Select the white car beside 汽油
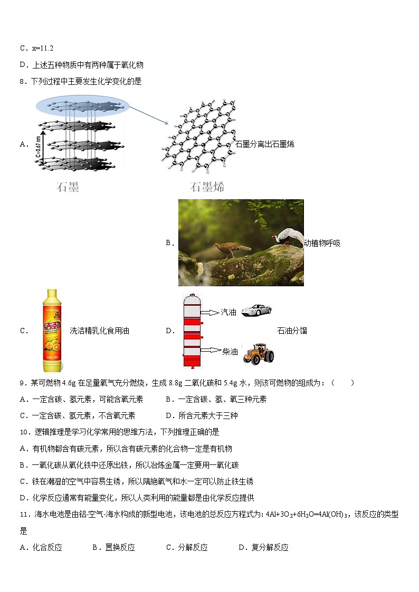(256, 310)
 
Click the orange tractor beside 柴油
(258, 353)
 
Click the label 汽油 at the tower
(228, 313)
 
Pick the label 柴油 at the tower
(230, 352)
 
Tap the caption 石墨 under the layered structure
(68, 187)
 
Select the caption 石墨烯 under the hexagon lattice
(207, 187)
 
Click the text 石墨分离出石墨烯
(264, 144)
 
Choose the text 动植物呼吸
(322, 243)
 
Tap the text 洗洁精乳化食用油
(99, 331)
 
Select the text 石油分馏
(292, 331)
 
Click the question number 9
(22, 383)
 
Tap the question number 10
(24, 432)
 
